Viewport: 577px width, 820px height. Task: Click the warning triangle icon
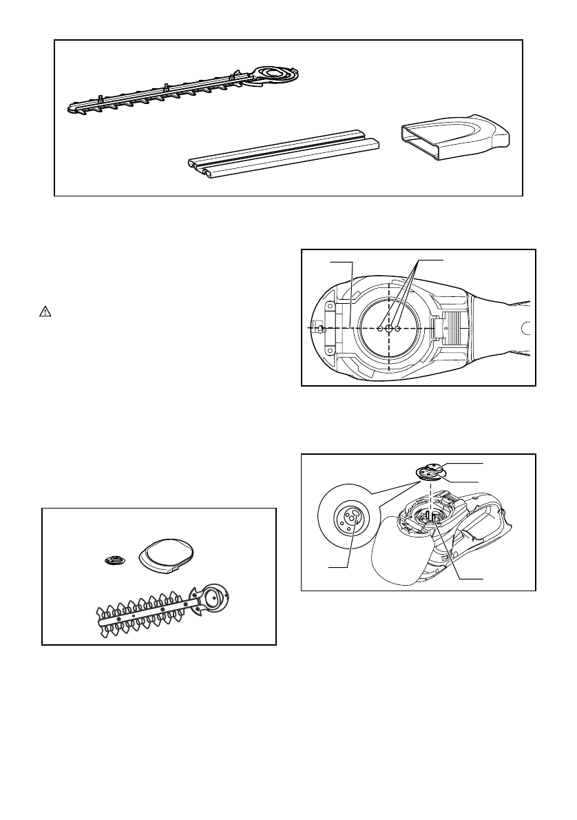point(43,311)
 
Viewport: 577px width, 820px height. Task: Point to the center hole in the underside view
point(389,329)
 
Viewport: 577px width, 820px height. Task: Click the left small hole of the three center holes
point(380,329)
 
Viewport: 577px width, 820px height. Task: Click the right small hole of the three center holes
point(398,329)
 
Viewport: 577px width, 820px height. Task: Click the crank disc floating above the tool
point(431,471)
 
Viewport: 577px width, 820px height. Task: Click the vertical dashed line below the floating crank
point(431,496)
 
